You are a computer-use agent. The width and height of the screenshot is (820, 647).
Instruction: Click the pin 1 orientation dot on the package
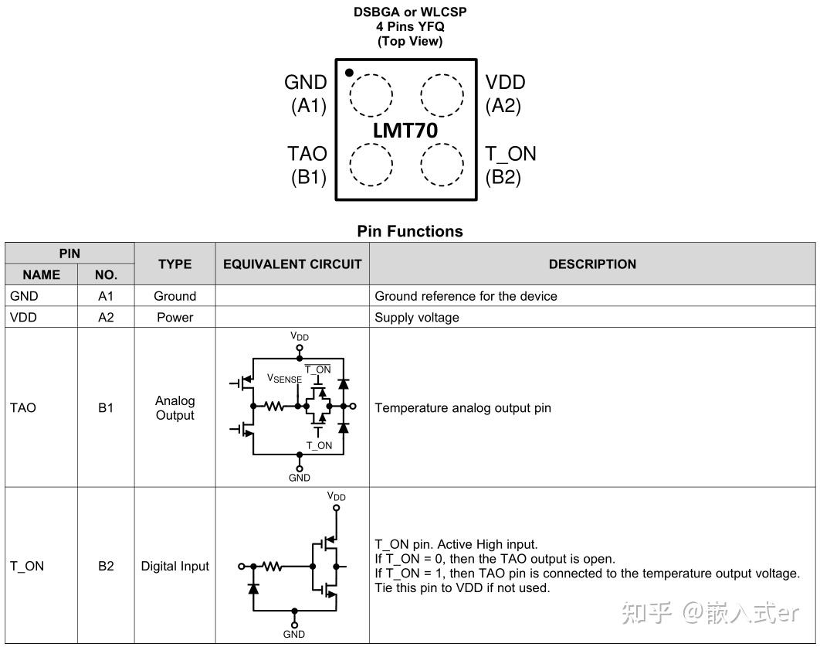[349, 73]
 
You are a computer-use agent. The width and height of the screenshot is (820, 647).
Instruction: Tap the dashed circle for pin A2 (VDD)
[442, 96]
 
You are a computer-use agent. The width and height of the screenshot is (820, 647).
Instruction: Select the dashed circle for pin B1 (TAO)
[371, 164]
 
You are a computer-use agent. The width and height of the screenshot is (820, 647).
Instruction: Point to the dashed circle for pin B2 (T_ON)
[442, 164]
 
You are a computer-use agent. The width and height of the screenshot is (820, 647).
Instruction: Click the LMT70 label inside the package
[405, 131]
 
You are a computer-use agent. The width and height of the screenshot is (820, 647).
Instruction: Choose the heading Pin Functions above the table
[410, 231]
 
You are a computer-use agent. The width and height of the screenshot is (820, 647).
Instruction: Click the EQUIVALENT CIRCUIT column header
[292, 264]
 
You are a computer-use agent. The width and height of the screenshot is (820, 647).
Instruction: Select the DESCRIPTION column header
[592, 264]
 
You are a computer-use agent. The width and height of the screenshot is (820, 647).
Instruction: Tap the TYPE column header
[175, 264]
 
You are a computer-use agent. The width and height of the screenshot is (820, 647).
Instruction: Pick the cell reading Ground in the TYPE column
[175, 296]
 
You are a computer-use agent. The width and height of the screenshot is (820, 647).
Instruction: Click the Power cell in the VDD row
[175, 318]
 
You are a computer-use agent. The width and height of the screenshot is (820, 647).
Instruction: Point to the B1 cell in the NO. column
[106, 408]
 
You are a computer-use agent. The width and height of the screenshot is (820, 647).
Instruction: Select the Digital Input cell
[175, 567]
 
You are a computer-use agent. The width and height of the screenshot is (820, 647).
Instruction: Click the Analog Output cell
[175, 408]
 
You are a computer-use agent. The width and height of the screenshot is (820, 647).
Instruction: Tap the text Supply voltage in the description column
[417, 318]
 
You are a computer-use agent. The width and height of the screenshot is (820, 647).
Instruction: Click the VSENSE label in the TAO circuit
[284, 379]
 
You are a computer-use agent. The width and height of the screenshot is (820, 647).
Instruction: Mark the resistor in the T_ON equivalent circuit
[271, 567]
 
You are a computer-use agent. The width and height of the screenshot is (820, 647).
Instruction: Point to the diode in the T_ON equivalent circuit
[253, 587]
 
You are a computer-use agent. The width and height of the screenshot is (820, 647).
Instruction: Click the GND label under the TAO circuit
[300, 478]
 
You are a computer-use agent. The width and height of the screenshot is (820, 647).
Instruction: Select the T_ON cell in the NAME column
[27, 567]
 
